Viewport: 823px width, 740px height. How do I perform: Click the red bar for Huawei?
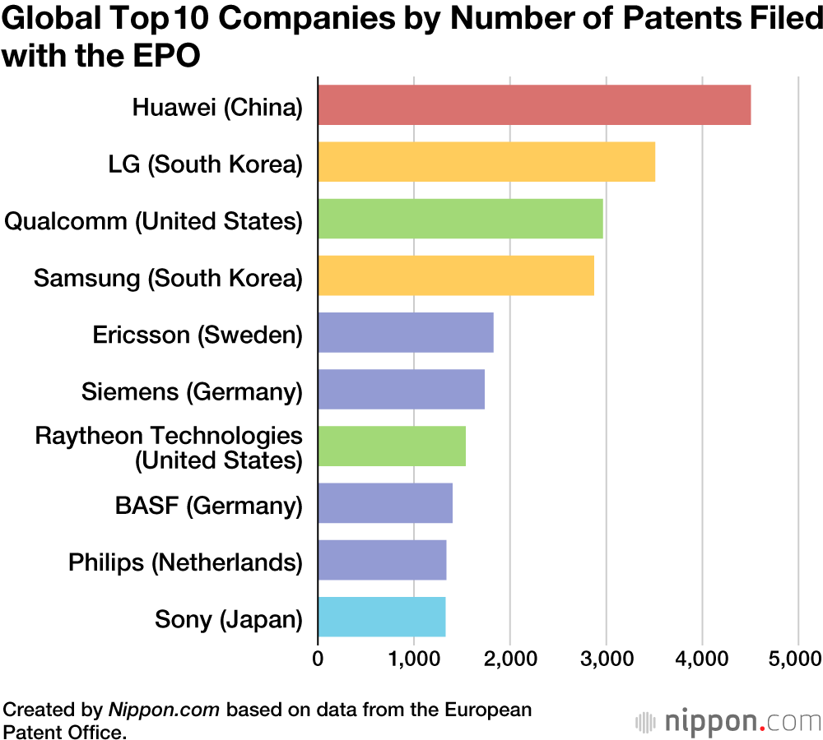tap(534, 104)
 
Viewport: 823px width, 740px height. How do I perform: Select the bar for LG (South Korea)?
tap(486, 161)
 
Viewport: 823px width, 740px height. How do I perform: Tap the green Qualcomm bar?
tap(460, 219)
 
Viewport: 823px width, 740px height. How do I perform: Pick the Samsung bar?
tap(456, 275)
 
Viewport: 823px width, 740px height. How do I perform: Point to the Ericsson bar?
tap(406, 332)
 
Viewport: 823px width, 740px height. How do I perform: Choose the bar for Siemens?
tap(401, 389)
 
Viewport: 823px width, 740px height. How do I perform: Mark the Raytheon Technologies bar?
tap(392, 446)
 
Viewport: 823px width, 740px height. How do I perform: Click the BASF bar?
tap(385, 502)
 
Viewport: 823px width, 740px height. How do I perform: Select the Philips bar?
tap(382, 559)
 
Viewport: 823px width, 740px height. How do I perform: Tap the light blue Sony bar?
tap(382, 617)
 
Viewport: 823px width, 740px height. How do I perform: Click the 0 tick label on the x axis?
tap(318, 659)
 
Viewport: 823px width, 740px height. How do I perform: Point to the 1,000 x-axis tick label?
tap(414, 659)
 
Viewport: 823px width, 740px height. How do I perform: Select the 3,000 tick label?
tap(606, 659)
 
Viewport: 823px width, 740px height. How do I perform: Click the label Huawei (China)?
tap(217, 107)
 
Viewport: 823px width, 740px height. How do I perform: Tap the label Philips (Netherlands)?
tap(185, 562)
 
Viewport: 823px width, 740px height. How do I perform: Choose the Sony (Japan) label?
tap(228, 619)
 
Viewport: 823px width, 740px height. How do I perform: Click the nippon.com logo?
tap(728, 721)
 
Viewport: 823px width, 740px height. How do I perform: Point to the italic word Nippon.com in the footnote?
tap(164, 710)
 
